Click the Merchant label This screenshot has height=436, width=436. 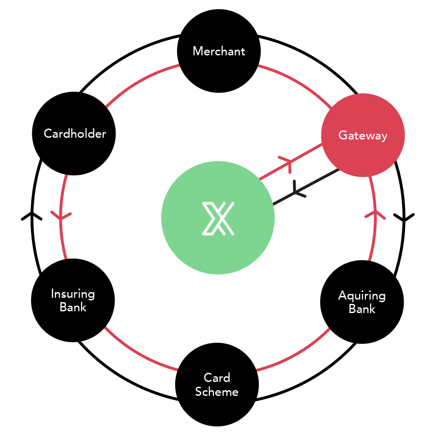point(219,51)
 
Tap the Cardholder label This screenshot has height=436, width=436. point(75,133)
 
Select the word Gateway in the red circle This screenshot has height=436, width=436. point(363,136)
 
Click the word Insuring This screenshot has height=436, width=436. point(73,294)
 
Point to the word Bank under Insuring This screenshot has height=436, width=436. point(73,307)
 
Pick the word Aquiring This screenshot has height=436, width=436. point(362,296)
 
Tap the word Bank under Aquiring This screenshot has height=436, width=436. point(362,309)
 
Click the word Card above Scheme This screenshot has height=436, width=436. point(217,378)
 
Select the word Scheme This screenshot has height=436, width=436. point(217,392)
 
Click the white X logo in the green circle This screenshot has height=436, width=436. point(218,218)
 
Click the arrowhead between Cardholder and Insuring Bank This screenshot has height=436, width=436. point(61,215)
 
